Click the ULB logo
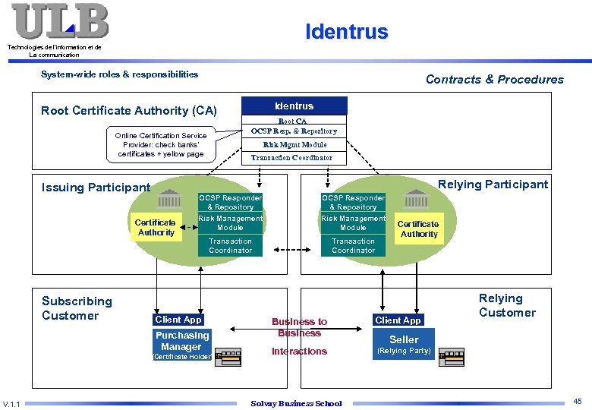point(60,21)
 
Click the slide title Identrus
point(346,32)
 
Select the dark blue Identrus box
point(294,106)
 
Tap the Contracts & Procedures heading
point(494,79)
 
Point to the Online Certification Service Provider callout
point(161,144)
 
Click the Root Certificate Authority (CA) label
point(129,111)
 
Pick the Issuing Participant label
point(96,188)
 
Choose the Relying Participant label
point(493,184)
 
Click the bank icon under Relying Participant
point(417,199)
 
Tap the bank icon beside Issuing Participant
point(169,199)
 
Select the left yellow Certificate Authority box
point(156,228)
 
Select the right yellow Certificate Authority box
point(418,229)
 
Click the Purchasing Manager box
point(182,341)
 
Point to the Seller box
point(404,339)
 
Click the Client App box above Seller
point(397,320)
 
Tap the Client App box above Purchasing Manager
point(178,320)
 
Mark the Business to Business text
point(300,327)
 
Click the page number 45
point(578,401)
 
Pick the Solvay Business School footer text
point(296,403)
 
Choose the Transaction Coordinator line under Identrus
point(292,158)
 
